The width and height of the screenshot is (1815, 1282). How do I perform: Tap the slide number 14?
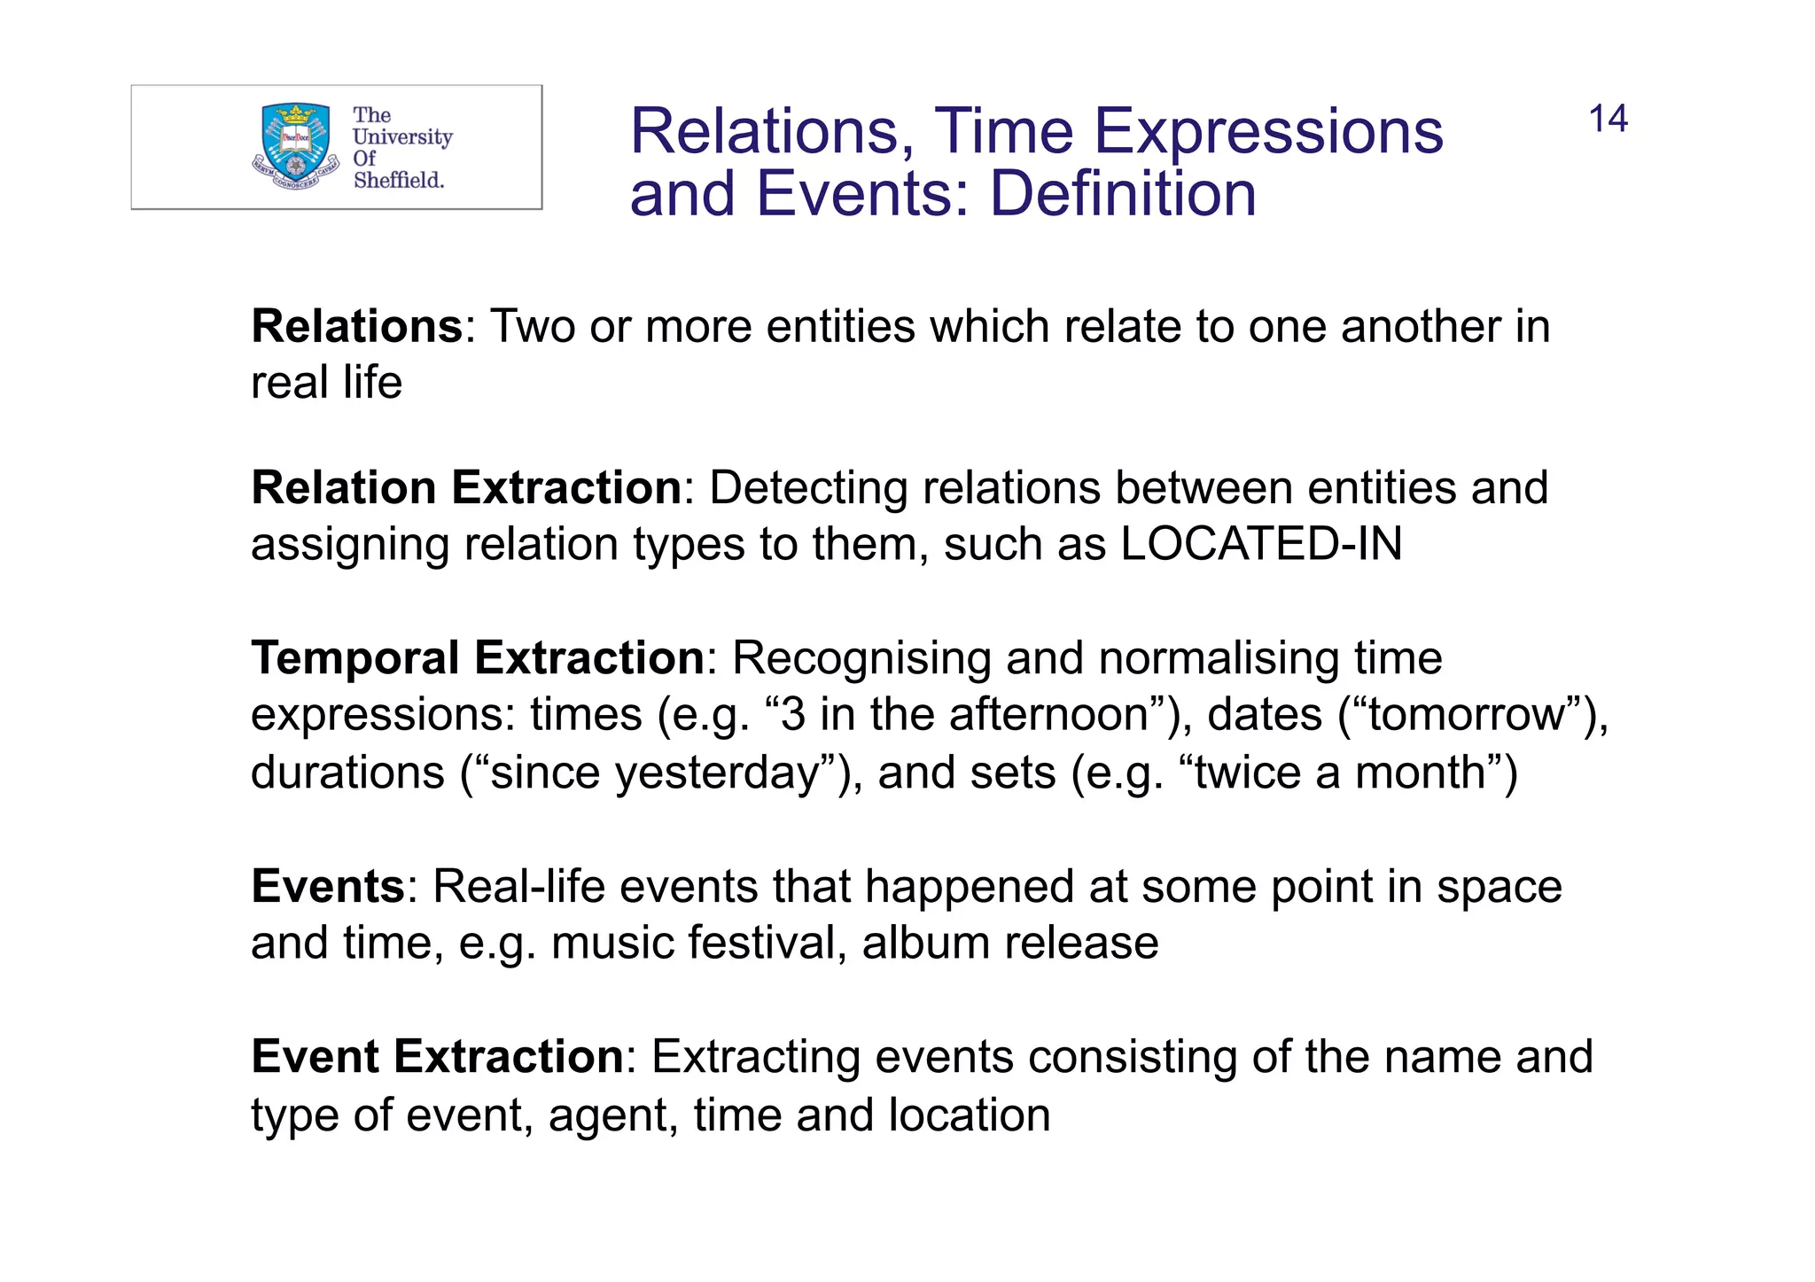tap(1608, 120)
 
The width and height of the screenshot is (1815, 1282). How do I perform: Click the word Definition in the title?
tap(1123, 194)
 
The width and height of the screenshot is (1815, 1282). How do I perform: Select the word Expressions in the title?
tap(1268, 132)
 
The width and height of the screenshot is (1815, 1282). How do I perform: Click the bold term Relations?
tap(356, 326)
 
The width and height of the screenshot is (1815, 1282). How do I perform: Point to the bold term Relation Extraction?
tap(466, 487)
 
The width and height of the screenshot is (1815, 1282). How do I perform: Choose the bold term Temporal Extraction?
tap(478, 658)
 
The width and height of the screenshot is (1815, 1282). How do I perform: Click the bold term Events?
tap(328, 886)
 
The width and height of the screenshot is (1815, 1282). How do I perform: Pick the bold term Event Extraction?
tap(438, 1057)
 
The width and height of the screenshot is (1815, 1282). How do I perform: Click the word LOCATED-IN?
tap(1261, 544)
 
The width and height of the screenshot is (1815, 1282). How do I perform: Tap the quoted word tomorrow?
tap(1467, 715)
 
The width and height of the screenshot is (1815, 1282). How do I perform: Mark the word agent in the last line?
tap(612, 1116)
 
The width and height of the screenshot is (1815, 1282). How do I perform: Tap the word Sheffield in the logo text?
tap(398, 180)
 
